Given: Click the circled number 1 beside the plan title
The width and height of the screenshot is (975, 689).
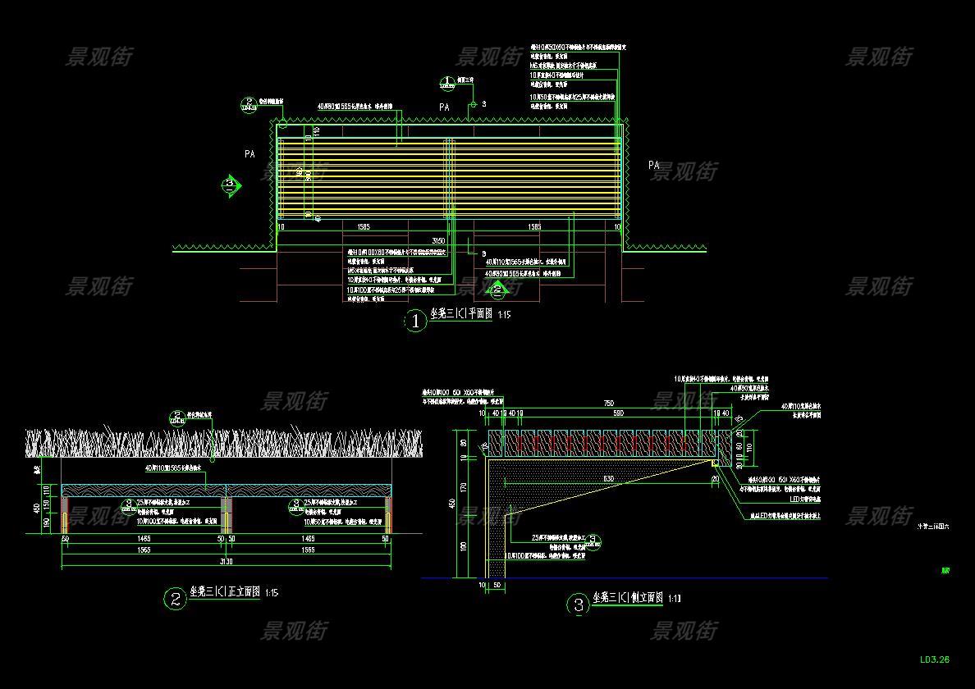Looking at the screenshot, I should pyautogui.click(x=415, y=321).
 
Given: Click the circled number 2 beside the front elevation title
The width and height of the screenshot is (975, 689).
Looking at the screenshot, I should pyautogui.click(x=175, y=599).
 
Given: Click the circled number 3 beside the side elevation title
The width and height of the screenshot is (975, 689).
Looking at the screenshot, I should pyautogui.click(x=579, y=606).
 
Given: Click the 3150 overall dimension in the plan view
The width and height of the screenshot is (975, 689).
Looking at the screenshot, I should pyautogui.click(x=439, y=240).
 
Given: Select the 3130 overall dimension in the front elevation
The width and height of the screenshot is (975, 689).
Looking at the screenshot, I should pyautogui.click(x=226, y=562).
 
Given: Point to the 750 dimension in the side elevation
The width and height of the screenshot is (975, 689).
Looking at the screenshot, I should pyautogui.click(x=608, y=404).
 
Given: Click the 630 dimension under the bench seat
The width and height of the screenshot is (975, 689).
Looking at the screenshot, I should pyautogui.click(x=608, y=478).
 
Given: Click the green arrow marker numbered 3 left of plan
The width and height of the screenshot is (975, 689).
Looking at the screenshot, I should pyautogui.click(x=231, y=185).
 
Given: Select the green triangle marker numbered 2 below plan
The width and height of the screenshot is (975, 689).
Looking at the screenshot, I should pyautogui.click(x=496, y=288).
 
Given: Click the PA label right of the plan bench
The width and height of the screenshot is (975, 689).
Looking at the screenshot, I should pyautogui.click(x=653, y=165).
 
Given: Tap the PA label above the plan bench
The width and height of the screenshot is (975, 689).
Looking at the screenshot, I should pyautogui.click(x=444, y=107).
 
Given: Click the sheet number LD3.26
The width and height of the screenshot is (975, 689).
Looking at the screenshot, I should pyautogui.click(x=934, y=659).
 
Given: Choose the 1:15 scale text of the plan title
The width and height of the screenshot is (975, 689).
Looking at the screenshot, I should pyautogui.click(x=504, y=314).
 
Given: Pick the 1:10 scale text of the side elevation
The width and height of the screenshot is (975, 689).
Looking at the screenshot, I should pyautogui.click(x=675, y=599).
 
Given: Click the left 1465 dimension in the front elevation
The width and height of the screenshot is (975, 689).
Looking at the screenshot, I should pyautogui.click(x=145, y=539).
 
